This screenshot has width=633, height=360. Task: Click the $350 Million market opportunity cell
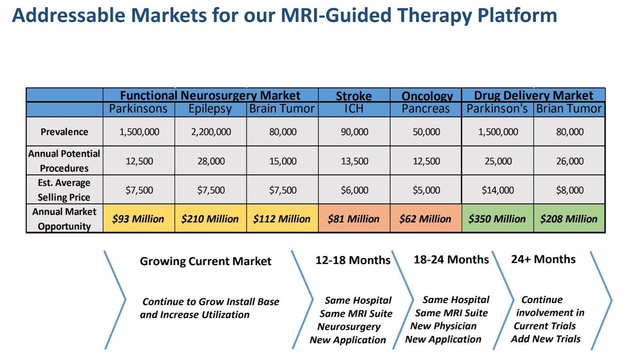coord(497,219)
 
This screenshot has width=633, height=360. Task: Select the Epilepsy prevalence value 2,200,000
coord(211,132)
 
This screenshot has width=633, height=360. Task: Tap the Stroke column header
coord(354,96)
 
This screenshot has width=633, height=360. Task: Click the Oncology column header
coord(427,96)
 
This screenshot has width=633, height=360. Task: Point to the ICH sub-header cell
coord(354,109)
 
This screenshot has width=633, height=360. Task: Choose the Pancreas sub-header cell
coord(426,109)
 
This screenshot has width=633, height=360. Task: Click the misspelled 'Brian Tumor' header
coord(569,109)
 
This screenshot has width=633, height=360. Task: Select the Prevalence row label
coord(64,132)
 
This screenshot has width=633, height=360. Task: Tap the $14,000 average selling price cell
coord(498,190)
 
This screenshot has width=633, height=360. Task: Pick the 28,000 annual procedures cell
coord(211,161)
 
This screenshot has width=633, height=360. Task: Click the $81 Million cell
coord(353,219)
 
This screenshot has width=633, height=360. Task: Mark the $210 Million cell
coord(210,219)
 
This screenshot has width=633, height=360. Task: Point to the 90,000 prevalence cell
coord(354,132)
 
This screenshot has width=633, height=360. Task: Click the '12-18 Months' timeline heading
coord(353,260)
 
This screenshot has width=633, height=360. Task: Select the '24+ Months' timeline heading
coord(543,259)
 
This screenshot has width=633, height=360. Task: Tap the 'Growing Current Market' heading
coord(205,261)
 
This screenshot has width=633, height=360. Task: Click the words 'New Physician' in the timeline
coord(443,326)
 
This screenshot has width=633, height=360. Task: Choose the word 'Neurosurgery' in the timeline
coord(349,327)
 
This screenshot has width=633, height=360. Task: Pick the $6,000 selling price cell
coord(354,190)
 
